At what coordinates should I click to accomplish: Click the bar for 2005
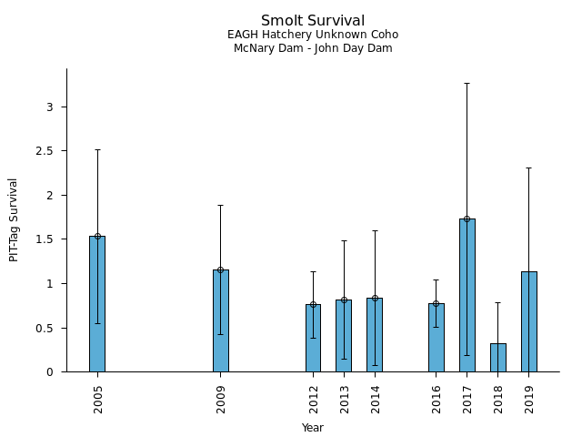click(x=97, y=304)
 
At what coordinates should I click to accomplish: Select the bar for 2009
click(x=220, y=320)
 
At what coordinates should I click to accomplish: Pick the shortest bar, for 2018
click(x=498, y=358)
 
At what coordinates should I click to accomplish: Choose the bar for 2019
click(x=529, y=321)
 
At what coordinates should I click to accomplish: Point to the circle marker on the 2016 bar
click(x=436, y=304)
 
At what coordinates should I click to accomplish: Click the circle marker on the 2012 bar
click(x=313, y=305)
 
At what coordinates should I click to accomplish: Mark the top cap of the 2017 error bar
click(x=467, y=83)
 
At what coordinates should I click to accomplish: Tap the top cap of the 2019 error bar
click(x=529, y=168)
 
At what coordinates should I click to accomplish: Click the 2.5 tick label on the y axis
click(x=45, y=151)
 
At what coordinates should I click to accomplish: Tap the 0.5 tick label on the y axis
click(x=45, y=328)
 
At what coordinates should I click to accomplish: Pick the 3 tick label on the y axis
click(x=51, y=107)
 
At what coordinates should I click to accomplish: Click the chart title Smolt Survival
click(x=313, y=21)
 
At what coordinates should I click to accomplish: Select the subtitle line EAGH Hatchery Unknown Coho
click(x=313, y=35)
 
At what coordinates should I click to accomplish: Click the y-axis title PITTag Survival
click(x=14, y=219)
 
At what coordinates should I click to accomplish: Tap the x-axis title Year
click(x=313, y=428)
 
